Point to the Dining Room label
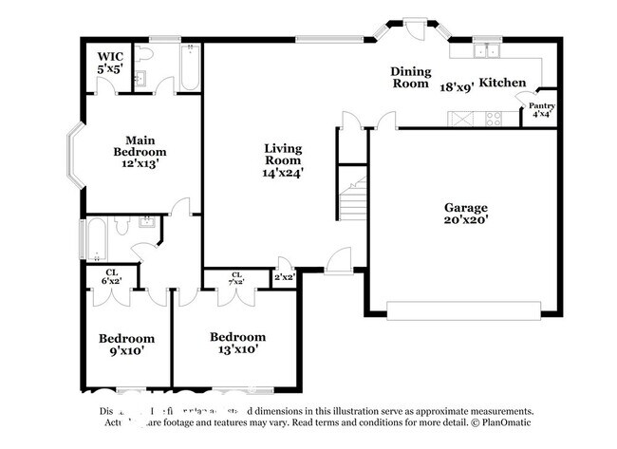click(411, 77)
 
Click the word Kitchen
click(502, 84)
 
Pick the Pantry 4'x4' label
click(542, 110)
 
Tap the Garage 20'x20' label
click(465, 213)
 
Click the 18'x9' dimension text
click(457, 86)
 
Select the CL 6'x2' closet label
click(111, 276)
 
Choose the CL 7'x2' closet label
click(236, 278)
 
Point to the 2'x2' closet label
click(285, 277)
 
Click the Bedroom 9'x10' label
click(126, 344)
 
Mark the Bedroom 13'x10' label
click(237, 343)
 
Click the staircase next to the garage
click(354, 199)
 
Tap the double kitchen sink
click(490, 48)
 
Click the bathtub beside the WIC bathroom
click(188, 66)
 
